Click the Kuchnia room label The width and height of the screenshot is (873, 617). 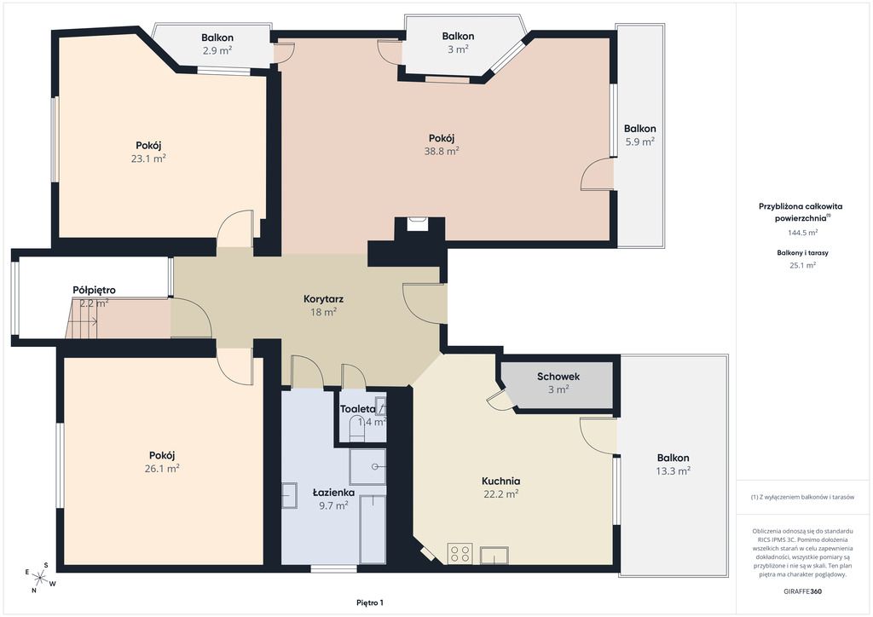coord(500,481)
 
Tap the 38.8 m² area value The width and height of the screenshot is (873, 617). coord(442,151)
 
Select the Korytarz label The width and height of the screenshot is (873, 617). coord(323,299)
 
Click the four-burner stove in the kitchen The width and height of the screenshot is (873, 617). coord(460,553)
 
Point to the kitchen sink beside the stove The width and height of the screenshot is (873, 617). coord(494,555)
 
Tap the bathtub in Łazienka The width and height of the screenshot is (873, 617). coord(372,528)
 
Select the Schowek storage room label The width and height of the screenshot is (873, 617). coord(558,377)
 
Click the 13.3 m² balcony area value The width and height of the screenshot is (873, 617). coord(674,470)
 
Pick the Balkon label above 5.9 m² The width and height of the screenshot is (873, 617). coord(639,129)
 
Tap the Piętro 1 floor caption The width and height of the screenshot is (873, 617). coord(370,603)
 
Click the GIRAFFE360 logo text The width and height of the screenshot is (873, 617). coord(801,591)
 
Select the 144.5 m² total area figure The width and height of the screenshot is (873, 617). coord(802,233)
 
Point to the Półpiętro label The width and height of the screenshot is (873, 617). coord(94,290)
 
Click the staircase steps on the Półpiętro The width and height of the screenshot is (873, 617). coord(82,318)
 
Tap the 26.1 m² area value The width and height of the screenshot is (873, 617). coord(161,469)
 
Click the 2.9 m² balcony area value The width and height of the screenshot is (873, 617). coord(217,50)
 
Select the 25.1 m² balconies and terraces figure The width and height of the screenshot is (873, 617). coord(802,265)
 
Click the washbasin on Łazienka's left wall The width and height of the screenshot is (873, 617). coord(289,496)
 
